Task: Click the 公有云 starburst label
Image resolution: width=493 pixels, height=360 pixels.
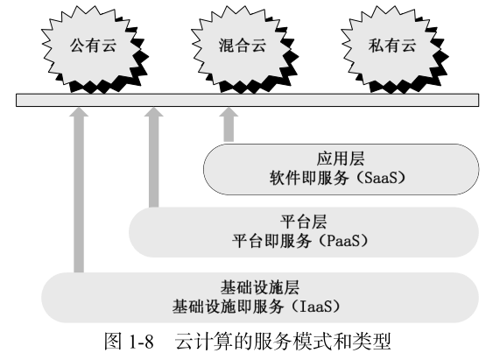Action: (94, 46)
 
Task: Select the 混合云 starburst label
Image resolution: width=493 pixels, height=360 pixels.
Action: (243, 46)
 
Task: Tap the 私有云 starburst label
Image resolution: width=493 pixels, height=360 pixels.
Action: (392, 46)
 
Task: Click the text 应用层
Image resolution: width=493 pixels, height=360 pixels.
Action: (341, 159)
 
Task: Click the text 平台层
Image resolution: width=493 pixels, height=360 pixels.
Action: (303, 222)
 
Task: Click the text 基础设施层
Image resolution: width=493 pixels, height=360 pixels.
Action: (260, 287)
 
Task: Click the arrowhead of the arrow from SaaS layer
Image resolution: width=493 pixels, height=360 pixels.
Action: (229, 112)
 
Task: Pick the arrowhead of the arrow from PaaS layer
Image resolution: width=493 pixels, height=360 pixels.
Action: (154, 112)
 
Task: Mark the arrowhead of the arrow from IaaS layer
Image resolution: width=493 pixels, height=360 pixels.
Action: (79, 112)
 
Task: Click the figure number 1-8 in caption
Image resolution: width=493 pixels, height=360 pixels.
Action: (141, 342)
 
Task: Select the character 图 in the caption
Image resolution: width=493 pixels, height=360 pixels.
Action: (113, 342)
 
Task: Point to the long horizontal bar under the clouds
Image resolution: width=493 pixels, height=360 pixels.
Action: (248, 101)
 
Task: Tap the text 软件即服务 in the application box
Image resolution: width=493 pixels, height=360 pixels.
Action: (309, 178)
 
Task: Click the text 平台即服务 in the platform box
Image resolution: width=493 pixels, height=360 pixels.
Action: (271, 241)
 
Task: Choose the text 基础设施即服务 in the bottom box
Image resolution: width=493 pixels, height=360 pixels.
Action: (228, 307)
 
